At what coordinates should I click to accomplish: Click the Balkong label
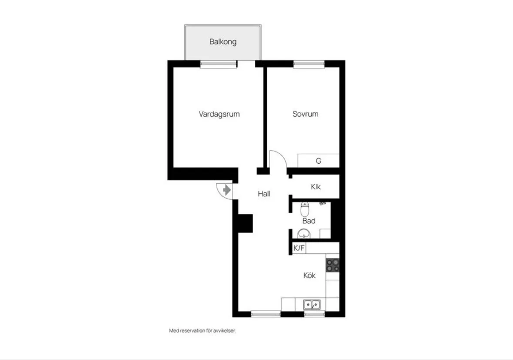tap(223, 42)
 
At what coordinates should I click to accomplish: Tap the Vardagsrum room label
tap(219, 114)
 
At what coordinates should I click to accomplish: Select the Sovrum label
tap(305, 114)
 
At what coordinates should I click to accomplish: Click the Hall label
tap(264, 194)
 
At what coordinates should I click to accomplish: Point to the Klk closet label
tap(316, 187)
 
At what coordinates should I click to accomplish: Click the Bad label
tap(309, 221)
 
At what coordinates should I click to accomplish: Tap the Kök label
tap(309, 275)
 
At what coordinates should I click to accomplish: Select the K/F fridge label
tap(298, 248)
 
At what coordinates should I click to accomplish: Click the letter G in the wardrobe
tap(319, 161)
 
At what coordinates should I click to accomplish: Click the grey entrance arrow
tap(227, 190)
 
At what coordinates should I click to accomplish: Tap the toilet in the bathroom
tap(305, 209)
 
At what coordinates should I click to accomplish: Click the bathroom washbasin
tap(304, 233)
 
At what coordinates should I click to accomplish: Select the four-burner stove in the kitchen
tap(333, 266)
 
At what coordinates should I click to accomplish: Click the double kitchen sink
tap(312, 304)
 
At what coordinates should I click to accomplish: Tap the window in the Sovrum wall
tap(309, 64)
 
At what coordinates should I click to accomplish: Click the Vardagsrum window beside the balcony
tap(218, 64)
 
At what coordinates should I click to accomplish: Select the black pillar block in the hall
tap(245, 223)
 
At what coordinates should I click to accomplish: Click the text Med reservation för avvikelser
tap(202, 330)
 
